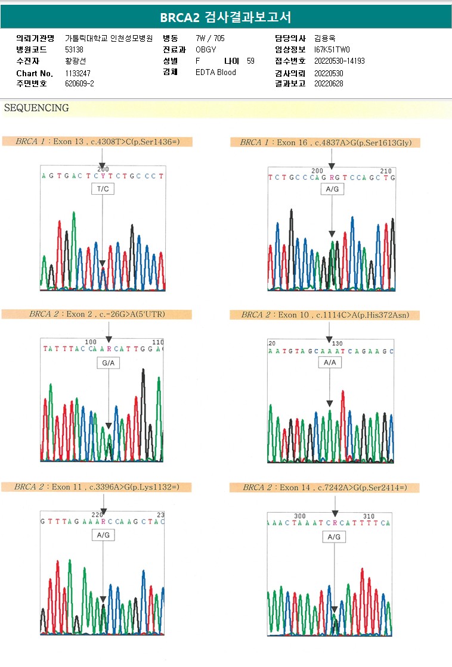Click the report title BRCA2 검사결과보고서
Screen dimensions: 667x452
tap(225, 17)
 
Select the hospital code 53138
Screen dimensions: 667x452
tap(73, 49)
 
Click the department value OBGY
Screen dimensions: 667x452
tap(206, 49)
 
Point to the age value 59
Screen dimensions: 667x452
tap(250, 61)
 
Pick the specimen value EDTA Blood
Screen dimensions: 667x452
tap(216, 73)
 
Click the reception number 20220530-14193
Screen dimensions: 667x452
tap(339, 61)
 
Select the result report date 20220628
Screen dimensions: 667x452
tap(329, 84)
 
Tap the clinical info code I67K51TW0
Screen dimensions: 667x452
tap(332, 49)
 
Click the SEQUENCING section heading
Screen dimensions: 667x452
tap(36, 108)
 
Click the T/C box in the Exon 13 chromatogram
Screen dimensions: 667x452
tap(103, 189)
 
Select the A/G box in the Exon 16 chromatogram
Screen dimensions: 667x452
tap(332, 189)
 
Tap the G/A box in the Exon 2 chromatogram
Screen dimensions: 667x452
tap(109, 361)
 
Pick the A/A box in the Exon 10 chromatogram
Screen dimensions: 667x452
tap(329, 363)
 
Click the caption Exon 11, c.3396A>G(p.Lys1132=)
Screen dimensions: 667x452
tap(97, 487)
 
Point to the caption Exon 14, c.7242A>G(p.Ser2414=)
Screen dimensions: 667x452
tap(325, 488)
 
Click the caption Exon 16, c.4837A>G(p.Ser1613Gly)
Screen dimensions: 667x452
tap(330, 142)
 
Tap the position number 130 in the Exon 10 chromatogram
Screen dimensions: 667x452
tap(338, 344)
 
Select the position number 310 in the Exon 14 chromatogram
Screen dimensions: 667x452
tap(369, 516)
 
